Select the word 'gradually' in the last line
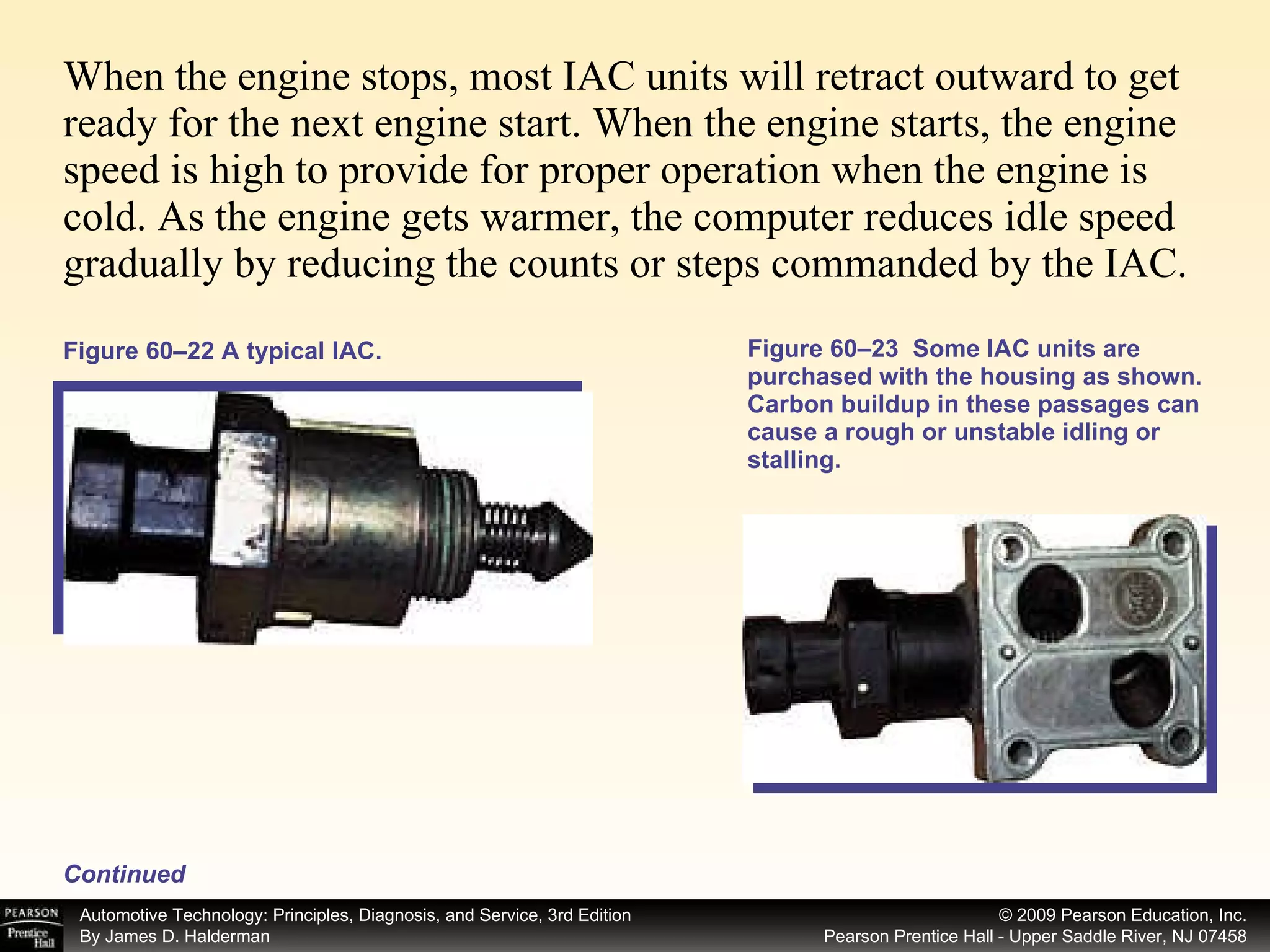[143, 265]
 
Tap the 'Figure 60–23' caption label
[822, 349]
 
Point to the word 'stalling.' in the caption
[794, 460]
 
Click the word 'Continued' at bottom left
[125, 874]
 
